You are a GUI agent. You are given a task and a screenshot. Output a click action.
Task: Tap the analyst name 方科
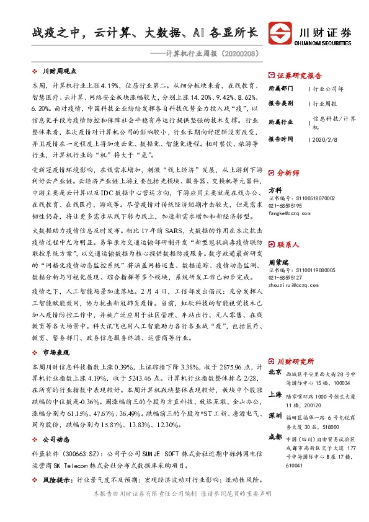tap(275, 190)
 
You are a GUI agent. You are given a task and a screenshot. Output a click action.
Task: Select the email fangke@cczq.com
tap(286, 213)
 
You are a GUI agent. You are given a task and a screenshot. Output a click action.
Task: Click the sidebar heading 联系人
tap(288, 228)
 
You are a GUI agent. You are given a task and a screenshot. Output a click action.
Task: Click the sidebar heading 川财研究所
tap(295, 361)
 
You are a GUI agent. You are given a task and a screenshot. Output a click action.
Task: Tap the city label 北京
tap(275, 374)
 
